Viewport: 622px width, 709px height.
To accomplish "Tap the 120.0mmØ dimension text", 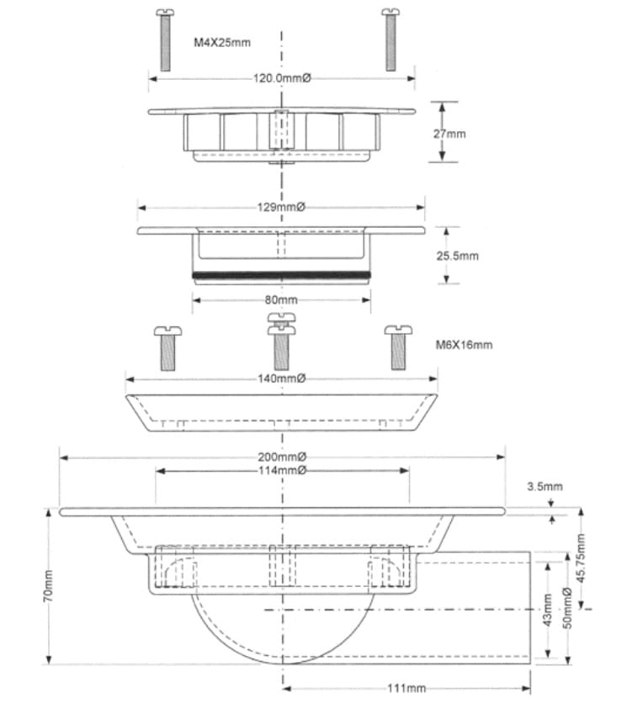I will pyautogui.click(x=282, y=78).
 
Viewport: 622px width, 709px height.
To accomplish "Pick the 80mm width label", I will pyautogui.click(x=281, y=299).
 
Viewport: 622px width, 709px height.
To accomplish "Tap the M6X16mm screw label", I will pyautogui.click(x=464, y=345).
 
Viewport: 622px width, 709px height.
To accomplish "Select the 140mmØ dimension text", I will pyautogui.click(x=282, y=378).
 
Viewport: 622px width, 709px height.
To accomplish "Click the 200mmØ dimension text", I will pyautogui.click(x=282, y=457).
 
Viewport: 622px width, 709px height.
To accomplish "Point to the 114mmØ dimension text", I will pyautogui.click(x=282, y=470).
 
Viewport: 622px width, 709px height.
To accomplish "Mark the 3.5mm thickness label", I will pyautogui.click(x=545, y=486).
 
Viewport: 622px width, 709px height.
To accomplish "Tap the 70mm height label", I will pyautogui.click(x=48, y=584).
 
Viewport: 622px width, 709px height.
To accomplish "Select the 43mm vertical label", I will pyautogui.click(x=548, y=610).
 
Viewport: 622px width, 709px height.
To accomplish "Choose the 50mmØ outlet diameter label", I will pyautogui.click(x=568, y=610).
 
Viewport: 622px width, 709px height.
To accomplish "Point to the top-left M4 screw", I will pyautogui.click(x=165, y=40).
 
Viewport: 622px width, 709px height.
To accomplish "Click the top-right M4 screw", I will pyautogui.click(x=390, y=40).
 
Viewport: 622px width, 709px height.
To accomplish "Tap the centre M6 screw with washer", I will pyautogui.click(x=281, y=340).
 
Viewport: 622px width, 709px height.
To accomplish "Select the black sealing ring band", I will pyautogui.click(x=281, y=274).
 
